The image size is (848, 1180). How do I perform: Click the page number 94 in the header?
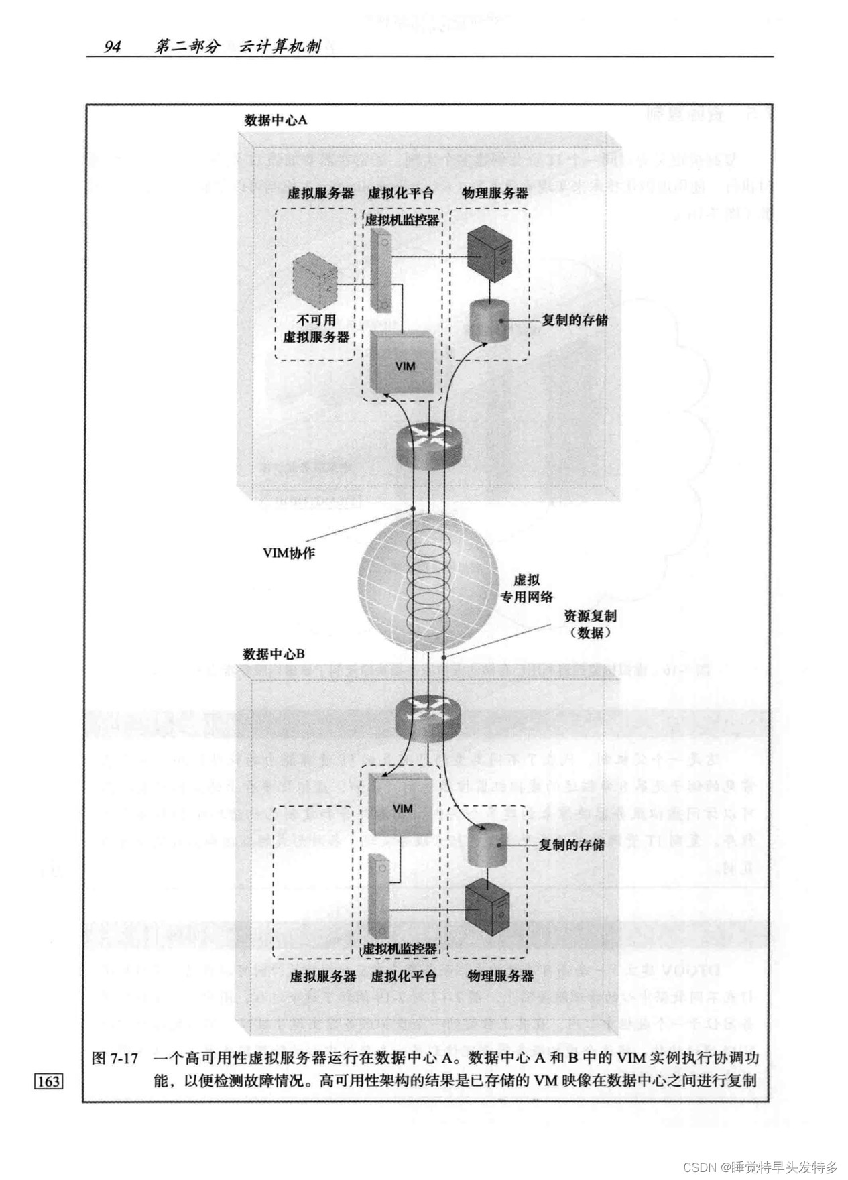click(x=111, y=47)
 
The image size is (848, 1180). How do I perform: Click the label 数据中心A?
click(x=276, y=120)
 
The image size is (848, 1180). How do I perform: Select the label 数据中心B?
click(x=274, y=654)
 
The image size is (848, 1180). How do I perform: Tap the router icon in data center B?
click(x=427, y=714)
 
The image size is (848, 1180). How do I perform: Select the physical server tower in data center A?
click(x=489, y=257)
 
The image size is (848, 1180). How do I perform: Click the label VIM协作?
click(x=288, y=554)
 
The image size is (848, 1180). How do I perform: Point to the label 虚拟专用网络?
click(x=527, y=588)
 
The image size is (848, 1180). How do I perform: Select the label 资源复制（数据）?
click(x=589, y=624)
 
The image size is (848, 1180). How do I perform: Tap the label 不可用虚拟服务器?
click(x=316, y=329)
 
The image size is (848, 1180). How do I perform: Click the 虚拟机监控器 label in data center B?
click(x=400, y=949)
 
